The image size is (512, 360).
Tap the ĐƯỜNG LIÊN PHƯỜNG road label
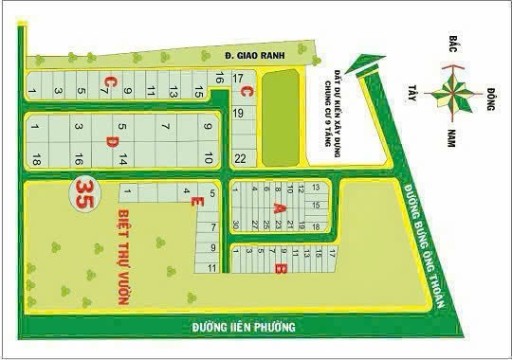pyautogui.click(x=244, y=328)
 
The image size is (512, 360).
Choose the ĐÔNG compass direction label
pyautogui.click(x=490, y=96)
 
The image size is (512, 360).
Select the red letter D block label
pyautogui.click(x=111, y=141)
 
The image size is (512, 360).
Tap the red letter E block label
pyautogui.click(x=195, y=202)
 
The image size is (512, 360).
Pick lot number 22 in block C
pyautogui.click(x=241, y=156)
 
